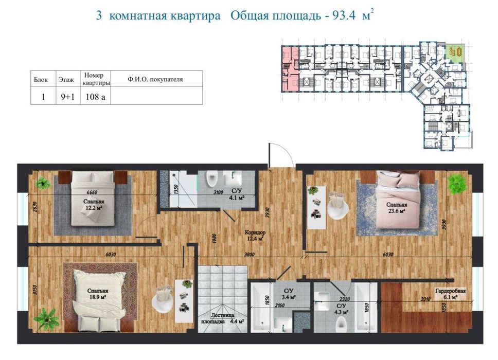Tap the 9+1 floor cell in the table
pyautogui.click(x=67, y=96)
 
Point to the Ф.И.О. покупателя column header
pyautogui.click(x=156, y=80)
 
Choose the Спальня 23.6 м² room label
pyautogui.click(x=396, y=207)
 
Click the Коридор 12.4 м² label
pyautogui.click(x=255, y=235)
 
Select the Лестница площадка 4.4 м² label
pyautogui.click(x=222, y=319)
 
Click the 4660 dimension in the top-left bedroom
pyautogui.click(x=92, y=191)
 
